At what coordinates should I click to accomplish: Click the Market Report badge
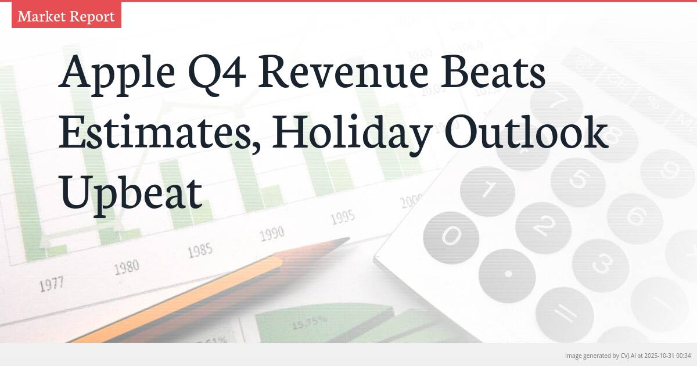click(x=66, y=16)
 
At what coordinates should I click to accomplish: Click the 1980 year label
click(x=126, y=267)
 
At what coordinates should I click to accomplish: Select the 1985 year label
click(x=199, y=251)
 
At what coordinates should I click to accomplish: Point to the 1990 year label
click(x=271, y=234)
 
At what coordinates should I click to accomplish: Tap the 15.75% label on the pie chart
click(x=308, y=321)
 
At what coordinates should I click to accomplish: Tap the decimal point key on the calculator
click(x=508, y=273)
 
